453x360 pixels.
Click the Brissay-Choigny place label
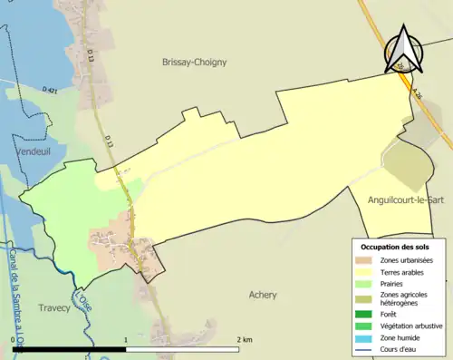[194, 63]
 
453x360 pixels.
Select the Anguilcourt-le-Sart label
[405, 199]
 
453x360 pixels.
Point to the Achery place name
[263, 295]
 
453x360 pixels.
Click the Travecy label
[54, 308]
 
